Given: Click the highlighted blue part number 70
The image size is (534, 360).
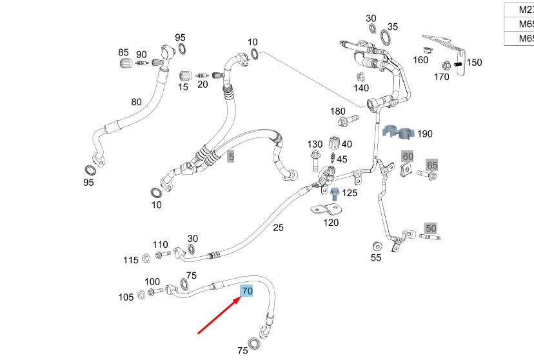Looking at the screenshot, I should [x=247, y=292].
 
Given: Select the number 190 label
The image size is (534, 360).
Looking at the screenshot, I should [x=425, y=134].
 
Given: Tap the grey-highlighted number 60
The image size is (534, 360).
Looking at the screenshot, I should [x=408, y=157].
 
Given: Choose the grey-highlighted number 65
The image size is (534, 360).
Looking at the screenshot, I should [x=432, y=166].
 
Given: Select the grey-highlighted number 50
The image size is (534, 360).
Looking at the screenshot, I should [x=431, y=228].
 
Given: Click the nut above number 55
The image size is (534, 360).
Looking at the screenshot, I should [x=377, y=246].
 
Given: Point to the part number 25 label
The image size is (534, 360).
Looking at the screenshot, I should [x=278, y=227].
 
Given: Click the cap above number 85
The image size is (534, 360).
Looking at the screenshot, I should [x=125, y=64].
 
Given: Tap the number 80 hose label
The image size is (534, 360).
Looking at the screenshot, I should [x=136, y=102].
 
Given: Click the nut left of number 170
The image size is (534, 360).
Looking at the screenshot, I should [x=446, y=65].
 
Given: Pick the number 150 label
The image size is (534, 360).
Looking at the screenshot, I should [x=474, y=63].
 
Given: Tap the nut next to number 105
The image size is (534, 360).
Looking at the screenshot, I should [x=141, y=296].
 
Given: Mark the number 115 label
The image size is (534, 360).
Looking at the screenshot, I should [x=131, y=259].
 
